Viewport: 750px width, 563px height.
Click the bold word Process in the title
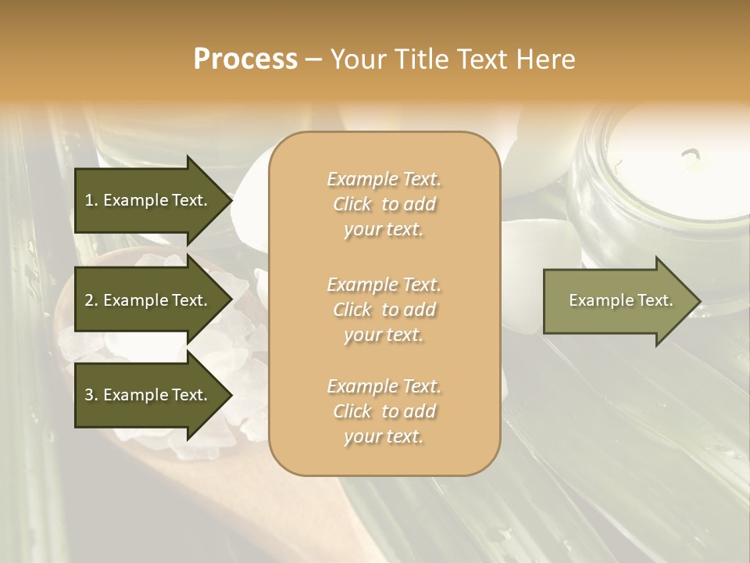tap(245, 59)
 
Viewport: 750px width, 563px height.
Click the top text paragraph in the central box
tap(384, 205)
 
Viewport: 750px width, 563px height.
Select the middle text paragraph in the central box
tap(384, 310)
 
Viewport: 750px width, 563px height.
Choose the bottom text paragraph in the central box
tap(384, 412)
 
